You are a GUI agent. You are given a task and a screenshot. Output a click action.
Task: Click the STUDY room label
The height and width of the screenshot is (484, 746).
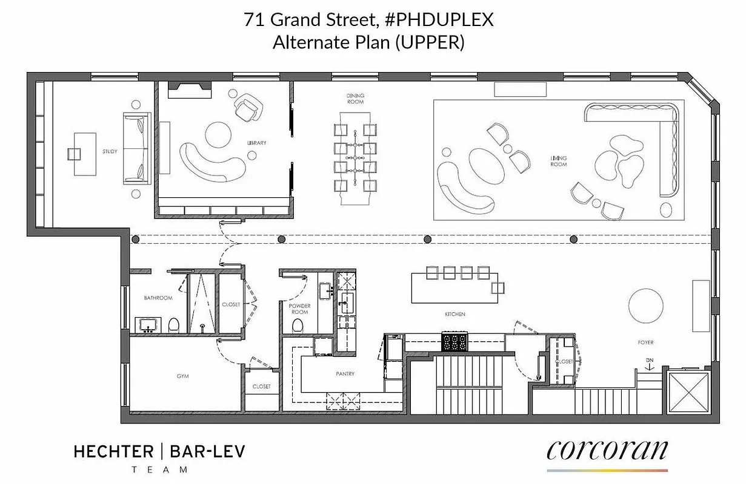click(110, 151)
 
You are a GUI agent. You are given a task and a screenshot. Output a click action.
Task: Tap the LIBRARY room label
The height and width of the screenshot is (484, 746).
click(257, 143)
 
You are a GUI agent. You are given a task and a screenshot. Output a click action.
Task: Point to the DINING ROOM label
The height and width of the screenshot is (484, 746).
click(355, 99)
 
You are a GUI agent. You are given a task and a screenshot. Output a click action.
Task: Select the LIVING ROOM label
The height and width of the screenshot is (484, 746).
click(559, 161)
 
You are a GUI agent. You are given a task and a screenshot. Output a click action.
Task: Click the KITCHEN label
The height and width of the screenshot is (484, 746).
click(455, 314)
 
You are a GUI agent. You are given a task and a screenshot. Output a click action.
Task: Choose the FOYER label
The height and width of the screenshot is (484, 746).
click(645, 342)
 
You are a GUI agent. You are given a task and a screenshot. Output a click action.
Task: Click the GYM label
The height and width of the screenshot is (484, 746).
click(182, 376)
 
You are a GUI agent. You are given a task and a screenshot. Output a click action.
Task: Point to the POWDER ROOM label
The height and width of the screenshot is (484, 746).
click(299, 309)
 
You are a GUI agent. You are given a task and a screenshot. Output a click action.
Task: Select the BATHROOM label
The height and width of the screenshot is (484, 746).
click(158, 298)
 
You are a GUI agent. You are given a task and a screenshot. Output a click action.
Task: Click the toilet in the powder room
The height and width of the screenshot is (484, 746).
click(298, 325)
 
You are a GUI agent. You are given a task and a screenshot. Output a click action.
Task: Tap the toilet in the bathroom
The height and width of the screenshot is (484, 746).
click(174, 325)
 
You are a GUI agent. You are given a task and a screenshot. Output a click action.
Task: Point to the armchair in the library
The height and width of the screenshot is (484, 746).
click(247, 108)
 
